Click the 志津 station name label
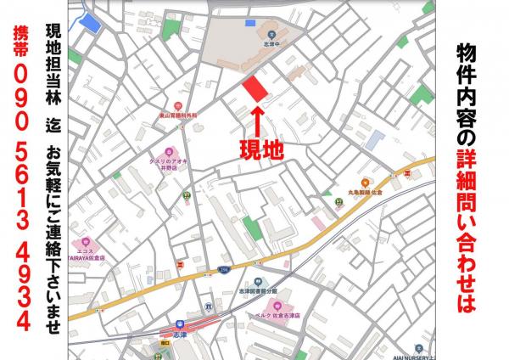coord(180,335)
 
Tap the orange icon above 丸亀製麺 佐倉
coord(365,180)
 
